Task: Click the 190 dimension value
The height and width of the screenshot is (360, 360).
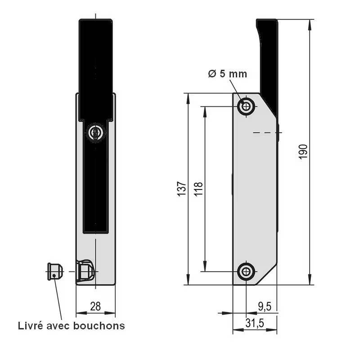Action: point(303,152)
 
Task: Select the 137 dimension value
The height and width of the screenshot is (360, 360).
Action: point(181,189)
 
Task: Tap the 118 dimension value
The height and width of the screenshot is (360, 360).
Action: point(198,189)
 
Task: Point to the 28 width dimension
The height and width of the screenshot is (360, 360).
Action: point(95,306)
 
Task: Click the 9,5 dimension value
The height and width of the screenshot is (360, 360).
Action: point(264,306)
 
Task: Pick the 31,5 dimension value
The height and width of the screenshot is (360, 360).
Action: point(255,323)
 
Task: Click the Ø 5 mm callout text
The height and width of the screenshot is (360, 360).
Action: point(228,74)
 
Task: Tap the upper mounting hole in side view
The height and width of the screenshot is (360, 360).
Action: point(246,107)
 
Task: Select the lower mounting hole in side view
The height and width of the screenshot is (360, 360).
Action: point(246,271)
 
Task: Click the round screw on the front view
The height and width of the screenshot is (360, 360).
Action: point(95,133)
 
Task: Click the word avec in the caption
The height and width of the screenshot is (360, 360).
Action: point(59,325)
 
